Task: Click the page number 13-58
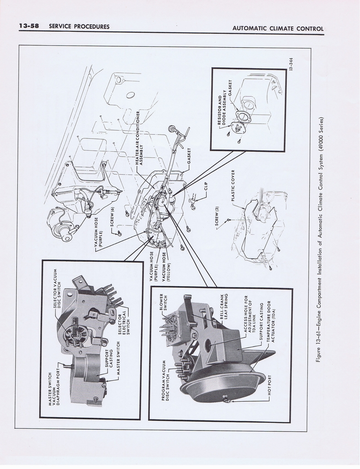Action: [x=29, y=26]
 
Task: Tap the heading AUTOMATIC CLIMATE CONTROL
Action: [x=278, y=29]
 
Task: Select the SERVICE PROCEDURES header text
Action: [x=79, y=26]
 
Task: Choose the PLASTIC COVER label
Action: [x=233, y=185]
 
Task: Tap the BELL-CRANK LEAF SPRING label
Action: [x=224, y=306]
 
